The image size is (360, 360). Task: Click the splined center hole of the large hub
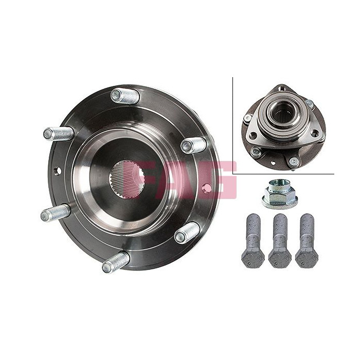[x=127, y=179]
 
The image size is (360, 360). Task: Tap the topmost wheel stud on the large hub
[x=125, y=96]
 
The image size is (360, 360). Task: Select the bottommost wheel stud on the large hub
[x=116, y=262]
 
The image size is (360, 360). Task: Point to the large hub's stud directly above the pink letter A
[x=193, y=145]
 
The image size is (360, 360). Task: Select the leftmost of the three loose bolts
[x=253, y=241]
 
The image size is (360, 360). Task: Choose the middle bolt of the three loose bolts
[x=280, y=241]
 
